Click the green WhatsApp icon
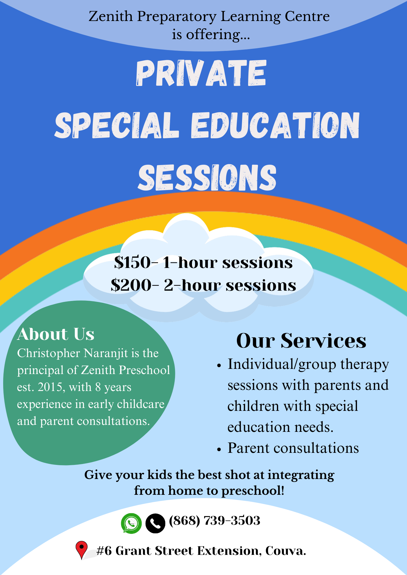131,523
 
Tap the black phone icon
155,523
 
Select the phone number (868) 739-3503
214,521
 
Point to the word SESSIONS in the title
207,178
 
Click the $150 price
132,262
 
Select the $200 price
131,285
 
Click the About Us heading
56,334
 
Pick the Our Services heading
301,341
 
